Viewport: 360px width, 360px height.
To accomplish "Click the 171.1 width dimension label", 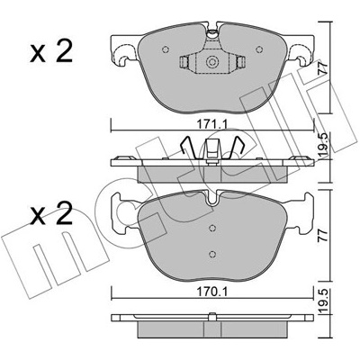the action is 211,123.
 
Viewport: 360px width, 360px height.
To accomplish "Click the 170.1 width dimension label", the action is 211,292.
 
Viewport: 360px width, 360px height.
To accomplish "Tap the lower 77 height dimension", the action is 323,235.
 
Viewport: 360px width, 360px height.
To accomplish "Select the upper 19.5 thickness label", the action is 323,144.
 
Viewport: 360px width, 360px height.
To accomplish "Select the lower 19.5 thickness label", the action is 323,301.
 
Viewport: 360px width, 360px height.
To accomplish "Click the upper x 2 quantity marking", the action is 51,51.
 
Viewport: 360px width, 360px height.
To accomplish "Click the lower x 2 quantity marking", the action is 51,213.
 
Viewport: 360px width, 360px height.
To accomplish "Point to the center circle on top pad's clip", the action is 211,62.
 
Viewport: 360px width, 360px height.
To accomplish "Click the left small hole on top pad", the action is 166,49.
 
